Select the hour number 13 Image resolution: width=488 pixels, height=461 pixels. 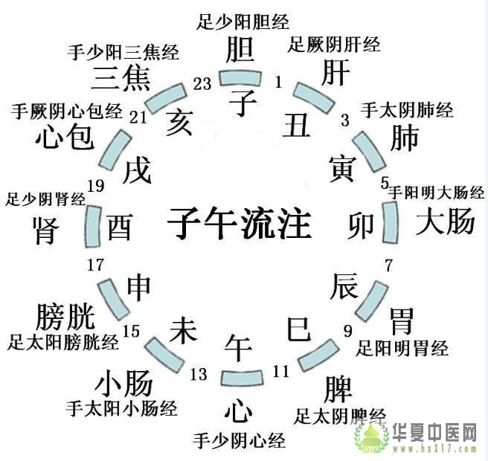(199, 374)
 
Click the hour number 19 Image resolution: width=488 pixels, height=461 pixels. (95, 186)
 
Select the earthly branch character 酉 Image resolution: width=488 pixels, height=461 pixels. (120, 227)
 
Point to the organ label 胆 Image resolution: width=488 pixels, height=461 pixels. (241, 51)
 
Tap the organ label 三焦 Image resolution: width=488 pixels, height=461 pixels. (122, 77)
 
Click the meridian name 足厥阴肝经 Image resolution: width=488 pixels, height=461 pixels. (334, 45)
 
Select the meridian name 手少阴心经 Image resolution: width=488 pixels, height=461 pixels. (239, 440)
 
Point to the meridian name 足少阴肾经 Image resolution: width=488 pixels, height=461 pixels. (46, 199)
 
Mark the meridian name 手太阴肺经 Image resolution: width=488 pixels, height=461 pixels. (407, 110)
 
